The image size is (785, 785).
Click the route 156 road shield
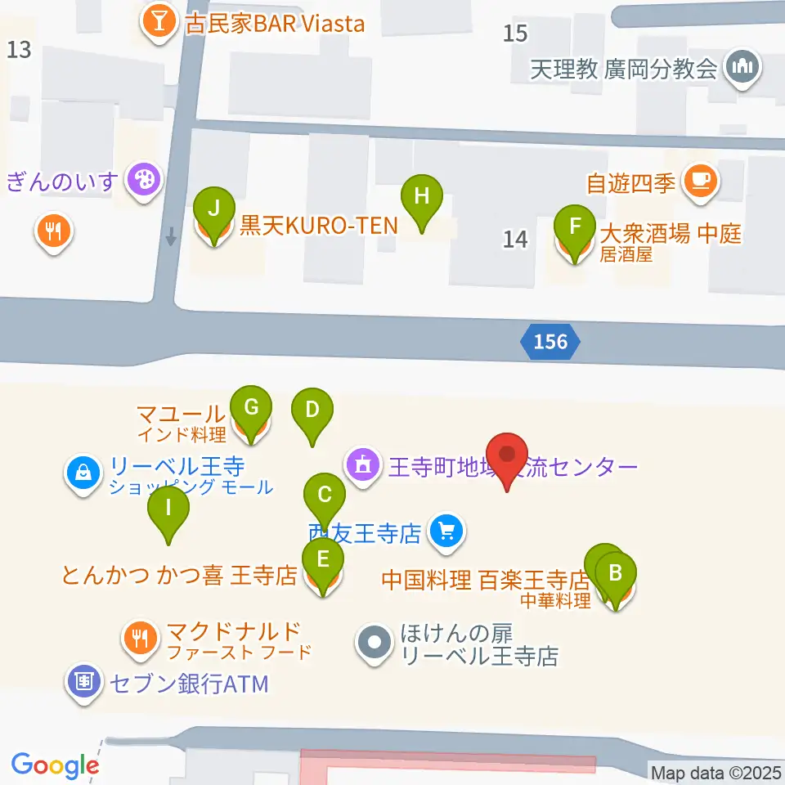coord(550,341)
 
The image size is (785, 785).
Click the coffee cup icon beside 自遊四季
coord(700,179)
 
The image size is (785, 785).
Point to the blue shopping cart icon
coord(446,533)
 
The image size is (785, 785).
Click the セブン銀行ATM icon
coord(84,680)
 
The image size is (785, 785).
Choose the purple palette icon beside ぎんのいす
coord(144,178)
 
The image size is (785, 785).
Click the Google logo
coord(55,765)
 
